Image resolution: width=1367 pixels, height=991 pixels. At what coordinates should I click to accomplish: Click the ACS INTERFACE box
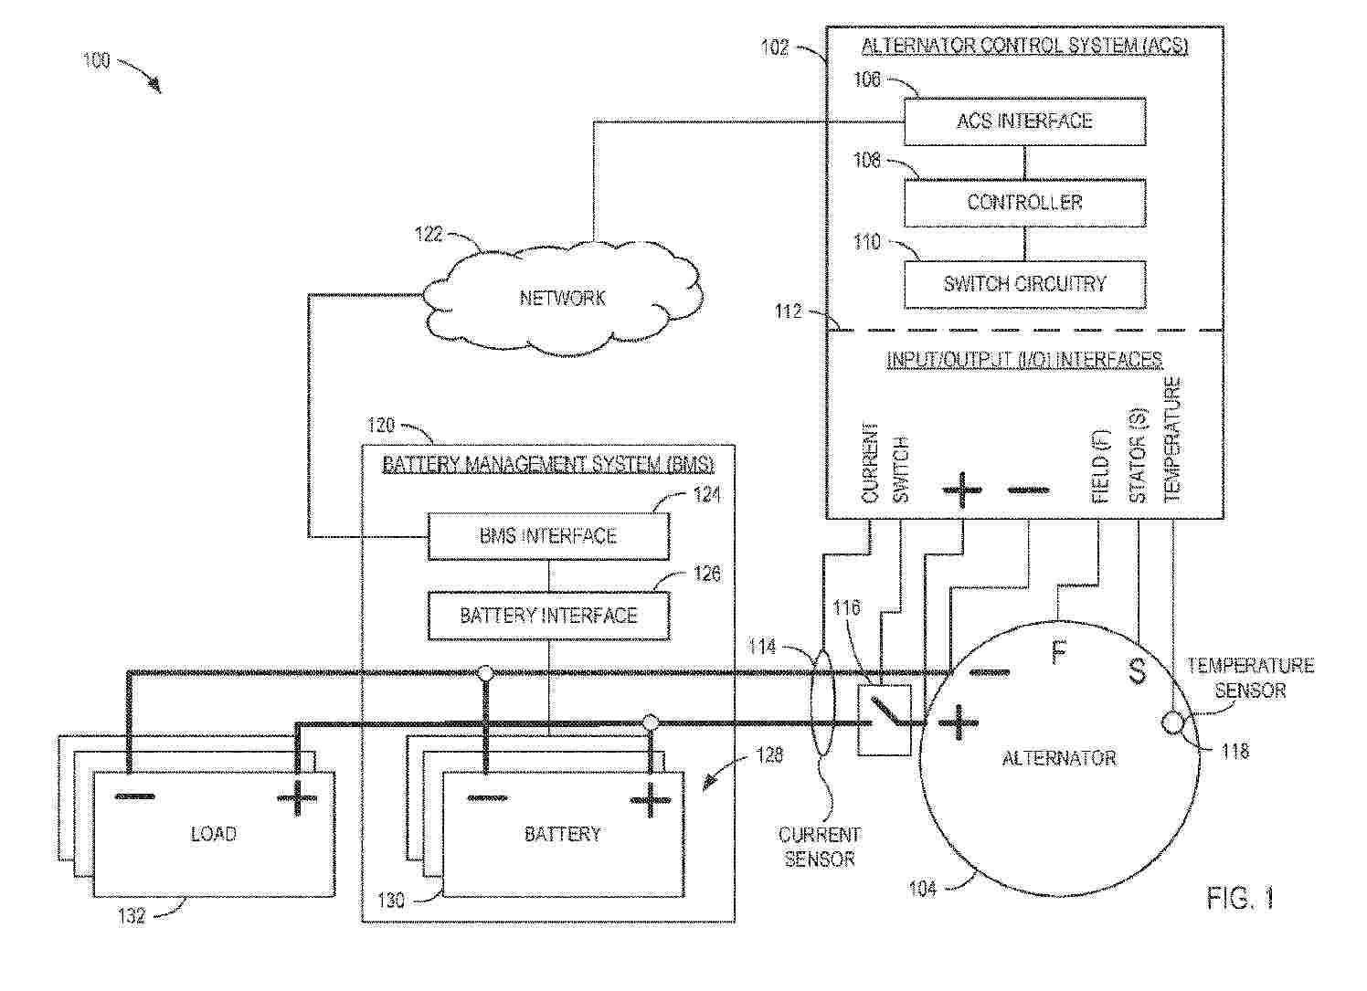(x=1024, y=121)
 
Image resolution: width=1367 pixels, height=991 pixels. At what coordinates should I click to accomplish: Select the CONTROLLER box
(x=1024, y=203)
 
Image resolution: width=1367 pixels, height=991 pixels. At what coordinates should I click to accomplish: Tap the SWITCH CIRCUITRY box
(x=1024, y=284)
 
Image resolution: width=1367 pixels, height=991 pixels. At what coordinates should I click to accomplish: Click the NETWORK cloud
(x=563, y=299)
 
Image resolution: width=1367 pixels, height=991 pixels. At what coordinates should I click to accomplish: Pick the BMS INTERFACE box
(x=548, y=536)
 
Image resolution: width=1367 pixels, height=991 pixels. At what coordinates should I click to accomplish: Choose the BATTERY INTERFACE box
(x=548, y=616)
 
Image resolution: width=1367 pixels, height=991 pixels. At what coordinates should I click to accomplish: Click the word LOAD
(x=214, y=834)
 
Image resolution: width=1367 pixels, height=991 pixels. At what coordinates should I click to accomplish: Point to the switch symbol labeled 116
(x=885, y=721)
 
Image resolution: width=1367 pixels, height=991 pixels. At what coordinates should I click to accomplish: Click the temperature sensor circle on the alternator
(x=1171, y=722)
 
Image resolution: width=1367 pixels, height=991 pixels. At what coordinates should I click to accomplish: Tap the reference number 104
(x=923, y=888)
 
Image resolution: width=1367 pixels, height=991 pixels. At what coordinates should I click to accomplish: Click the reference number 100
(x=97, y=60)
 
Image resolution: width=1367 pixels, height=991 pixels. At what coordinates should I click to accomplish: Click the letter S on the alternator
(x=1138, y=671)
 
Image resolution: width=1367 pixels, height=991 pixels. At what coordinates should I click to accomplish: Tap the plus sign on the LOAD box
(x=297, y=797)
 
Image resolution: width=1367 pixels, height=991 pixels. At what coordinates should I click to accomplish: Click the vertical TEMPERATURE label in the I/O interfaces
(x=1173, y=439)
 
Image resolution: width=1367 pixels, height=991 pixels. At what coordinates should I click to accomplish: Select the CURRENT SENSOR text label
(x=820, y=847)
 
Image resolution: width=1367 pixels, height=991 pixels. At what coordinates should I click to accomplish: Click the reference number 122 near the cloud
(x=429, y=234)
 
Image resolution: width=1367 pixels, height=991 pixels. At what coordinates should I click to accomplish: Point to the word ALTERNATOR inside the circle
(x=1059, y=758)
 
